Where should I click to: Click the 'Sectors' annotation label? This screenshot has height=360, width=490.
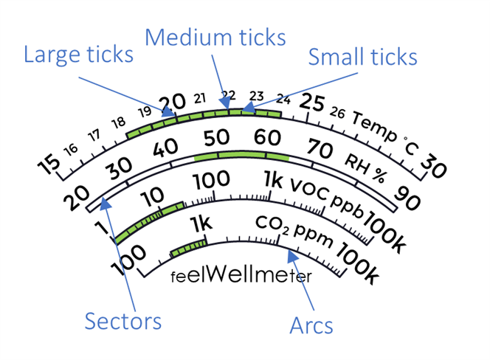pyautogui.click(x=122, y=322)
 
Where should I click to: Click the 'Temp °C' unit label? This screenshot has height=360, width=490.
pyautogui.click(x=384, y=133)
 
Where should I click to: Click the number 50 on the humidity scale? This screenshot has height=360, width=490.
pyautogui.click(x=217, y=137)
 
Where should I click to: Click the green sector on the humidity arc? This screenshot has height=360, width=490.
pyautogui.click(x=241, y=157)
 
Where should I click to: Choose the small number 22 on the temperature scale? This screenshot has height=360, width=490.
pyautogui.click(x=229, y=94)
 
